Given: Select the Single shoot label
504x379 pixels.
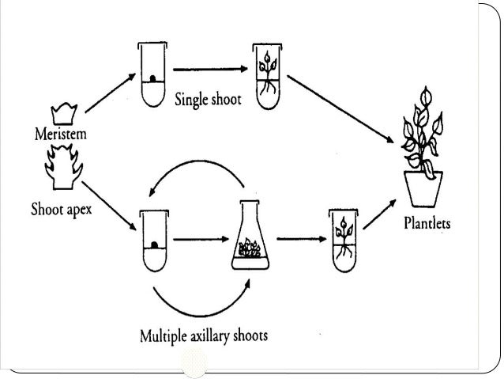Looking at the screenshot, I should [209, 100].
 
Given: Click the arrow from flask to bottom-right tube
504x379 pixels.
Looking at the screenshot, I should [294, 237].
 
